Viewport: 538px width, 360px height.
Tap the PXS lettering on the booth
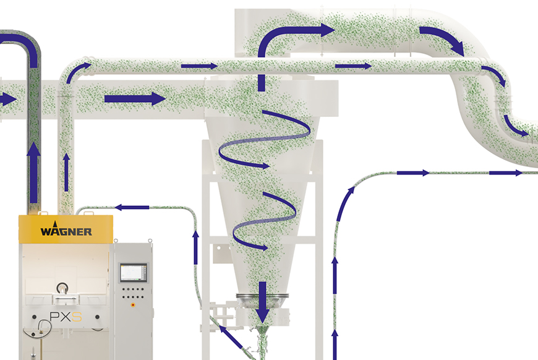click(x=66, y=317)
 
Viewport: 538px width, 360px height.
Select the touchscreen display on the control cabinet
click(x=133, y=273)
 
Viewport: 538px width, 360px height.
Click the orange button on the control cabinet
click(x=133, y=305)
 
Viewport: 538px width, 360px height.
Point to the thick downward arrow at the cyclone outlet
click(x=262, y=302)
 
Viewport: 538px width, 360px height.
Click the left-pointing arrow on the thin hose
click(x=132, y=207)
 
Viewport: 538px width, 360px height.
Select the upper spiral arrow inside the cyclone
click(x=265, y=140)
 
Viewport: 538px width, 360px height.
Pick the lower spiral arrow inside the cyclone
click(x=264, y=221)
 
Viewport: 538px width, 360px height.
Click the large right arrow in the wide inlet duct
click(x=135, y=99)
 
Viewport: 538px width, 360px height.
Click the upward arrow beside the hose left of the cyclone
click(x=195, y=247)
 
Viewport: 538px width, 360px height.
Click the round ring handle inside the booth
click(x=62, y=288)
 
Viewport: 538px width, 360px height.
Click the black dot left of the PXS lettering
click(x=34, y=317)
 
